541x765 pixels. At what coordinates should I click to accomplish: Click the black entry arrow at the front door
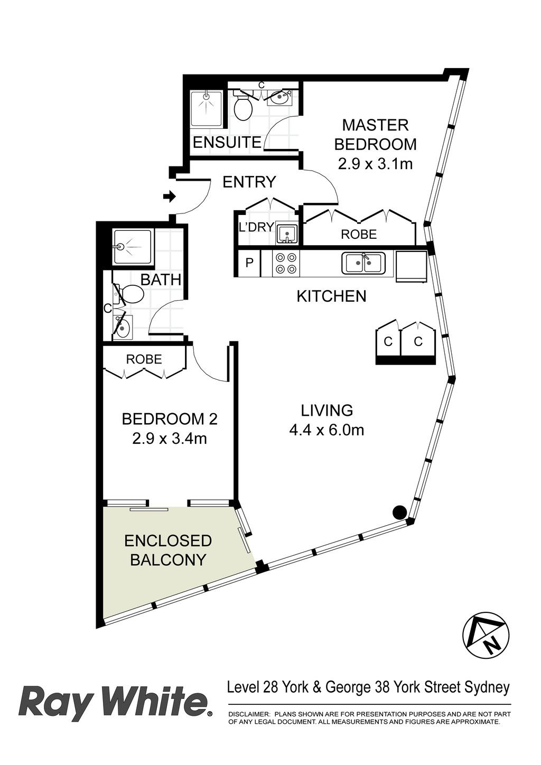point(170,197)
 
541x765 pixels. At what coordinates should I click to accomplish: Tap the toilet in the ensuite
point(243,106)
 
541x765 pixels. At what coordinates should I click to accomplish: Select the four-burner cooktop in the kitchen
point(286,263)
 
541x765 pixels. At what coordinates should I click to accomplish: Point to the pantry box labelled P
point(249,263)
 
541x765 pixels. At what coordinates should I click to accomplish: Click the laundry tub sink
point(287,234)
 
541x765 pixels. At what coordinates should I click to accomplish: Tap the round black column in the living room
point(399,512)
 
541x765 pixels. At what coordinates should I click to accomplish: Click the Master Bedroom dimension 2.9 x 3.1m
point(375,164)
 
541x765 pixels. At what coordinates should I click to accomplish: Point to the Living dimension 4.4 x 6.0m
point(327,430)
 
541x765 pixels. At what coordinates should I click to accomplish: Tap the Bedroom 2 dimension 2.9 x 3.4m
point(170,439)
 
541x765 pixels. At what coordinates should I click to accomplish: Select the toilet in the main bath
point(129,294)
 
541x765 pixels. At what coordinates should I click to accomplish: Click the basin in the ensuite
point(279,98)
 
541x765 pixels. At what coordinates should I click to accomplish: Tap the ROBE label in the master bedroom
point(359,234)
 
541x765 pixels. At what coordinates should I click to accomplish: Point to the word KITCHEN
point(331,296)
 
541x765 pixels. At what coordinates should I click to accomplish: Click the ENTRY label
point(249,182)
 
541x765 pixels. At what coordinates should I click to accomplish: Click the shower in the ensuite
point(207,109)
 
